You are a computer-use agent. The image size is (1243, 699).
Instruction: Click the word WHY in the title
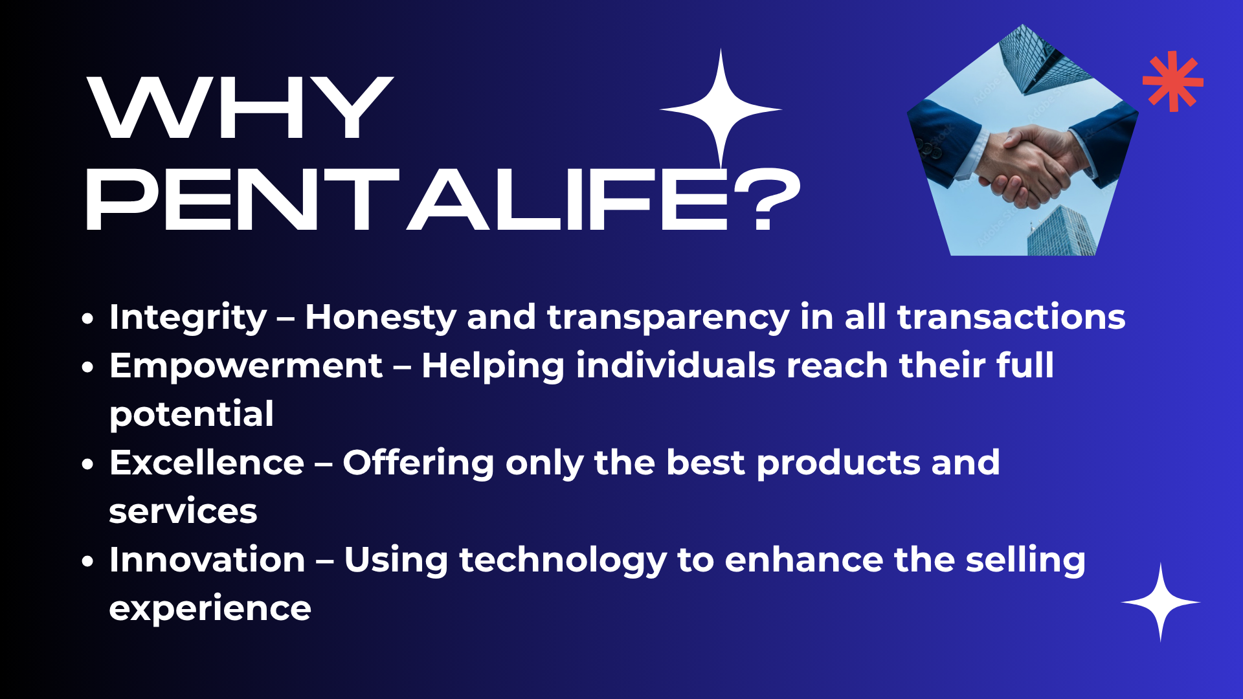tap(240, 107)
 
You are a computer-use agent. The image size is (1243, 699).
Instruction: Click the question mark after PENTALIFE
tap(768, 199)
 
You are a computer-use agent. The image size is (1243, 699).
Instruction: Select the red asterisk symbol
tap(1173, 82)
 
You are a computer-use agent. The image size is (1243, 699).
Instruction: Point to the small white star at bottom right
tap(1161, 603)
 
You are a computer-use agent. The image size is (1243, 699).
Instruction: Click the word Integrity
tap(188, 318)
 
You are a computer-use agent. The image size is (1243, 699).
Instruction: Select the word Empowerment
tap(246, 366)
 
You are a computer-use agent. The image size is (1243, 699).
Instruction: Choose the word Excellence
tap(207, 463)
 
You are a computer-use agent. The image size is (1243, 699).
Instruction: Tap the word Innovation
tap(207, 560)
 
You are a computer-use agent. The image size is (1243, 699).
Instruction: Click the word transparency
tap(668, 318)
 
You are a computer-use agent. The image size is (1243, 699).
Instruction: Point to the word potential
tap(192, 414)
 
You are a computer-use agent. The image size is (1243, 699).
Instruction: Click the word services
tap(183, 511)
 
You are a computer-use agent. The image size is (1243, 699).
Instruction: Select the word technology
tap(563, 560)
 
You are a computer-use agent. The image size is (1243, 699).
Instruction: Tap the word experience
tap(210, 609)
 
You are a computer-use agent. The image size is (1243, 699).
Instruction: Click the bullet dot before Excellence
tap(88, 464)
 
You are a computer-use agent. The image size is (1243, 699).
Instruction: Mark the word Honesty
tap(381, 318)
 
